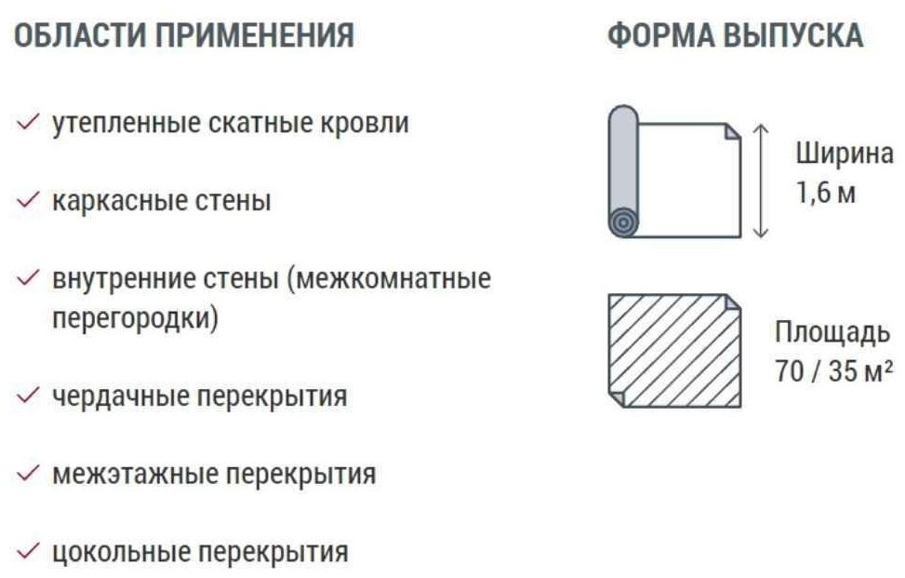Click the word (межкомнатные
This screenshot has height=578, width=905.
coord(391,278)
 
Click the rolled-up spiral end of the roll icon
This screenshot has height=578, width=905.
coord(623,222)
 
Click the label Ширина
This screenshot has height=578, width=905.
coord(844,154)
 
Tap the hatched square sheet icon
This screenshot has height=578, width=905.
coord(673,350)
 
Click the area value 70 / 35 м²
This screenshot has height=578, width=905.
coord(833,371)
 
